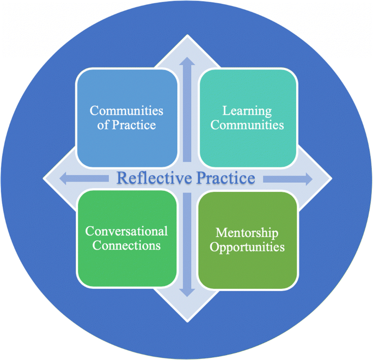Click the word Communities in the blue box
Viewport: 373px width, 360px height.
[126, 111]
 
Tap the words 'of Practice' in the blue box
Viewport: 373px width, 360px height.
[126, 125]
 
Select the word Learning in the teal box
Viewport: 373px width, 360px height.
[247, 111]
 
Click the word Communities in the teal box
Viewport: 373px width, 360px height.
[247, 125]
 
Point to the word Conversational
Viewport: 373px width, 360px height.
[126, 231]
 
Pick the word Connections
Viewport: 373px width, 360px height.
[126, 245]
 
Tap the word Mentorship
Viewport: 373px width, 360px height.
[247, 233]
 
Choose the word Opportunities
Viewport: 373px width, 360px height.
[247, 247]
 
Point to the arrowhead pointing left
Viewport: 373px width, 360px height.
[63, 178]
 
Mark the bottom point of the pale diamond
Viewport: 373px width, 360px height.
[188, 320]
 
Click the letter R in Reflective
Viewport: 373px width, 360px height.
[122, 178]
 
